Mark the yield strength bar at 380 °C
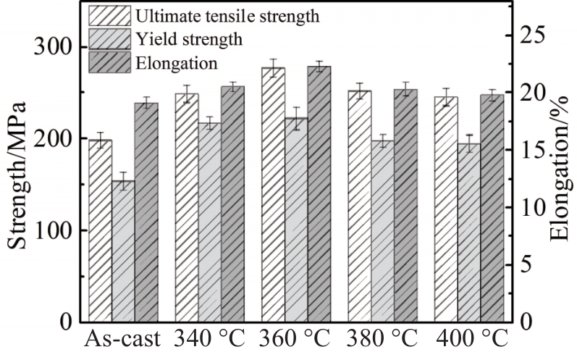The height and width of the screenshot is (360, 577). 382,231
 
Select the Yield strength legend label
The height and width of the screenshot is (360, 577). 181,38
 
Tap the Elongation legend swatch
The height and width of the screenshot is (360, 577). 109,62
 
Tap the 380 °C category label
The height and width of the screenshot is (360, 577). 381,340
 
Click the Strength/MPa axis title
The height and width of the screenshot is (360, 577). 17,174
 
